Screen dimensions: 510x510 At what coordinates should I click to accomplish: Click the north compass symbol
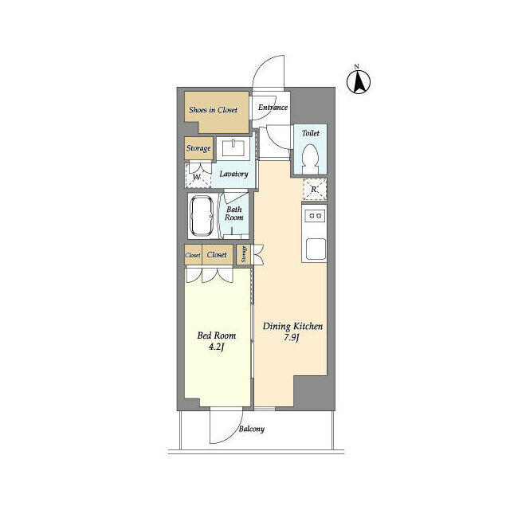[359, 80]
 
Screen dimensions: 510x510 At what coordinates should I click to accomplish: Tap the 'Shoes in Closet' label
[213, 110]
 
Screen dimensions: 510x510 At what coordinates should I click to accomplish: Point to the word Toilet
[311, 134]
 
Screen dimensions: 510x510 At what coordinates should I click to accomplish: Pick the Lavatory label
[234, 174]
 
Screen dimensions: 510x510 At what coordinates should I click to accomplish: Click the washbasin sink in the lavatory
[235, 148]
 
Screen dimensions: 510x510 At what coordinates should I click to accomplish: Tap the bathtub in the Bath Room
[201, 216]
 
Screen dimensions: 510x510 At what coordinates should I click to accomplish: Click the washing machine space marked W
[197, 176]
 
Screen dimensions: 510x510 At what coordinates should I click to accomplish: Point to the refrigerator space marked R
[314, 190]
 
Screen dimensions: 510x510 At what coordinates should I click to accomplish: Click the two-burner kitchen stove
[314, 215]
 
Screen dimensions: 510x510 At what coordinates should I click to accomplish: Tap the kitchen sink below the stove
[314, 248]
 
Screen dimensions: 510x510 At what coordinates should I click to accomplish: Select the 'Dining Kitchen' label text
[292, 327]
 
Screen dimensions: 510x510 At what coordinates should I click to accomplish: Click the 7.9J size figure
[292, 338]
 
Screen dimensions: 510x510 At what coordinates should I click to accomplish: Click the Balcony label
[251, 430]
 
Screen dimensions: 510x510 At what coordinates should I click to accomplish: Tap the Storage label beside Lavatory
[198, 148]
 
